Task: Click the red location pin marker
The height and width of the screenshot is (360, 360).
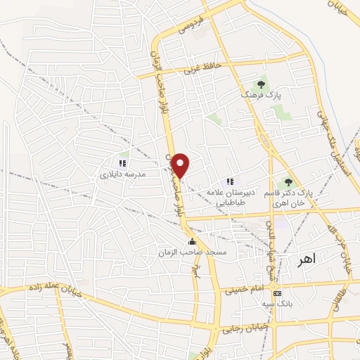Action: point(181,165)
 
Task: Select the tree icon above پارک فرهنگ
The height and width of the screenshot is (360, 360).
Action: point(261,84)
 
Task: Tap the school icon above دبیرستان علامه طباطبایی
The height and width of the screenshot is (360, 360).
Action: point(229,181)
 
